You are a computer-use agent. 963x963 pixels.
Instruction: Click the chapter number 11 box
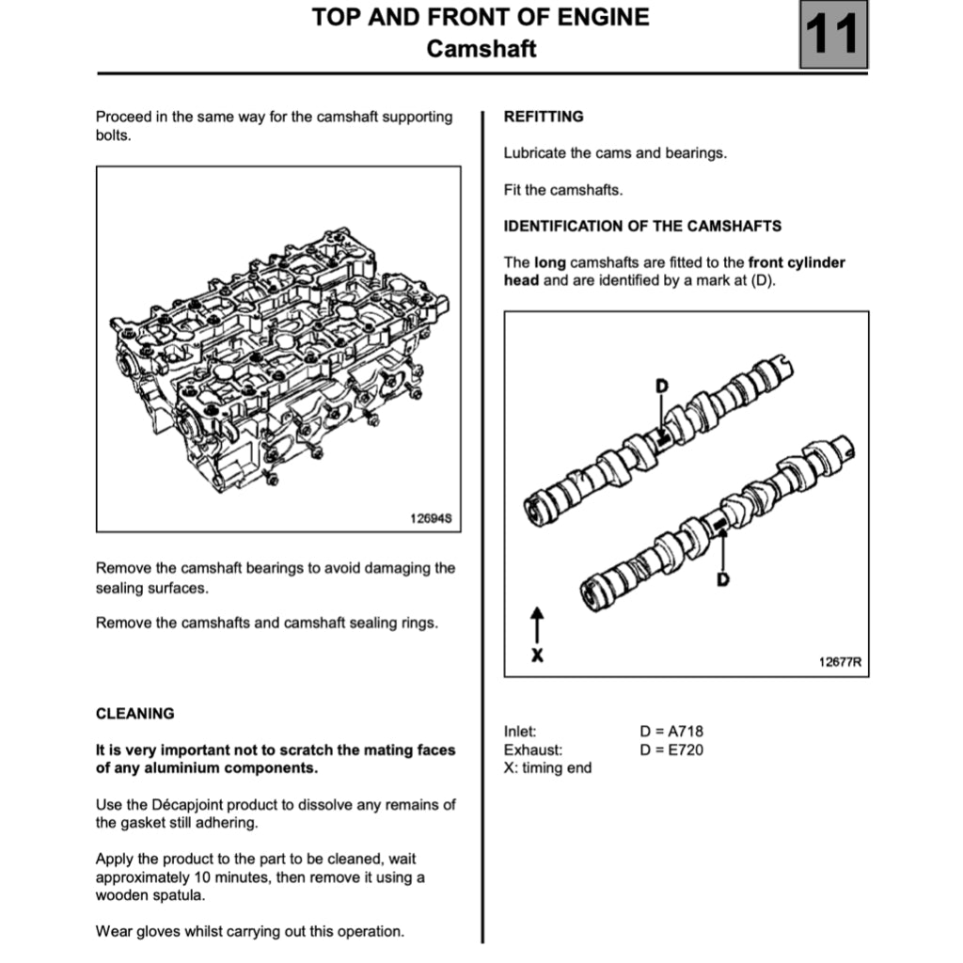coord(833,36)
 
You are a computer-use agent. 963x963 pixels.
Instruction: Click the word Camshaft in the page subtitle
coord(481,49)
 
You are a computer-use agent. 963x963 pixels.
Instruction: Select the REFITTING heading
coord(544,117)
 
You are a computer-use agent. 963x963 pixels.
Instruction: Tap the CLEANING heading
coord(134,714)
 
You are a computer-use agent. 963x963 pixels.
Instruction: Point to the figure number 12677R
coord(839,662)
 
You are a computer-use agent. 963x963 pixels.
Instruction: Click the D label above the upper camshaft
coord(662,386)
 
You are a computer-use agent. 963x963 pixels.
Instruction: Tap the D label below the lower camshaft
coord(722,579)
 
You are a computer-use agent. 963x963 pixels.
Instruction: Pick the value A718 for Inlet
coord(684,732)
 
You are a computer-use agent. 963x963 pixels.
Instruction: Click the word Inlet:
coord(520,732)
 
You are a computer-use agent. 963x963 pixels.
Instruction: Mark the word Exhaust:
coord(533,750)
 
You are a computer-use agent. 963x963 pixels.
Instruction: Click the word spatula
coord(177,895)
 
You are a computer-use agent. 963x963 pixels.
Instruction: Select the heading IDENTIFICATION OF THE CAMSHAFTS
coord(642,226)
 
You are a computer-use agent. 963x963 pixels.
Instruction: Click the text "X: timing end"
coord(548,767)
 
